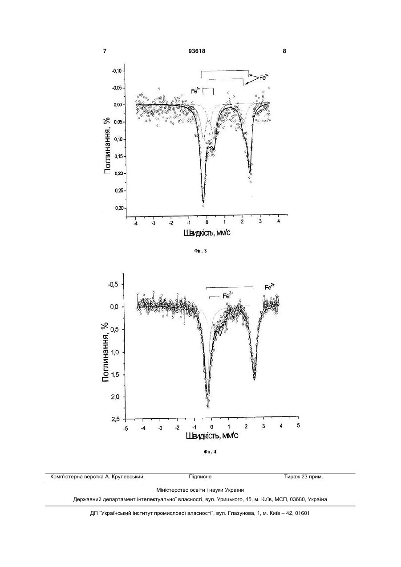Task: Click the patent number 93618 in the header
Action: pyautogui.click(x=197, y=51)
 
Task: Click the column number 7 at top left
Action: pyautogui.click(x=105, y=51)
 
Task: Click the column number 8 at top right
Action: pyautogui.click(x=284, y=51)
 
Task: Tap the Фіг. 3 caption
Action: pyautogui.click(x=201, y=251)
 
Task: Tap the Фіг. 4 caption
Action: pyautogui.click(x=210, y=452)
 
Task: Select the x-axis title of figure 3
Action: pyautogui.click(x=207, y=233)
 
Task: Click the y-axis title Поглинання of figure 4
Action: pyautogui.click(x=106, y=353)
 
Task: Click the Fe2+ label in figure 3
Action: pyautogui.click(x=264, y=77)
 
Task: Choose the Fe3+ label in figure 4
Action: pyautogui.click(x=228, y=295)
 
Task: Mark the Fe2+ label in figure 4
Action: pyautogui.click(x=270, y=287)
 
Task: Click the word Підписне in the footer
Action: pyautogui.click(x=200, y=477)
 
